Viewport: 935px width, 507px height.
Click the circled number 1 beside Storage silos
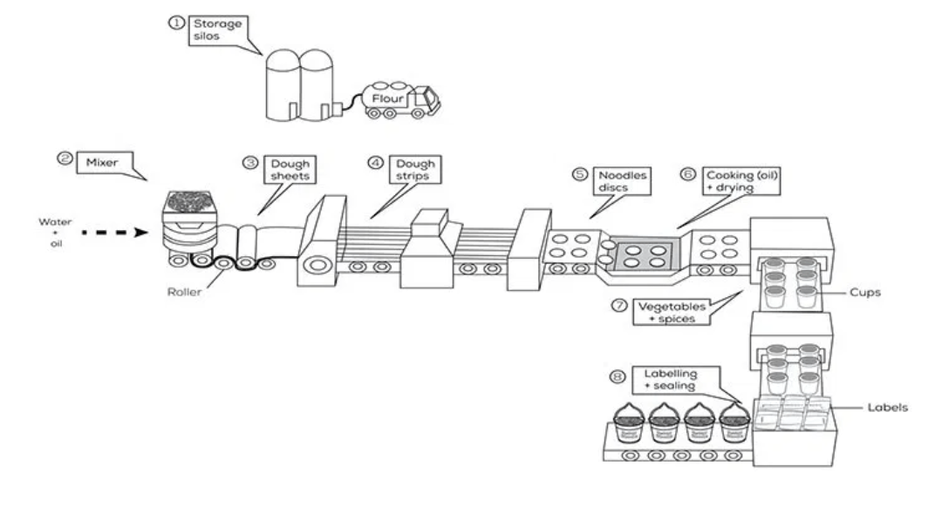(174, 24)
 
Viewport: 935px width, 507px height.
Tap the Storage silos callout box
(215, 30)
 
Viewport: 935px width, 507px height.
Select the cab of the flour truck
(424, 101)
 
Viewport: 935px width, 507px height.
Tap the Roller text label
(184, 291)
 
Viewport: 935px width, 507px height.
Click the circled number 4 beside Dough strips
(375, 163)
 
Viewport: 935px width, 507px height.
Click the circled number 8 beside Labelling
(617, 376)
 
